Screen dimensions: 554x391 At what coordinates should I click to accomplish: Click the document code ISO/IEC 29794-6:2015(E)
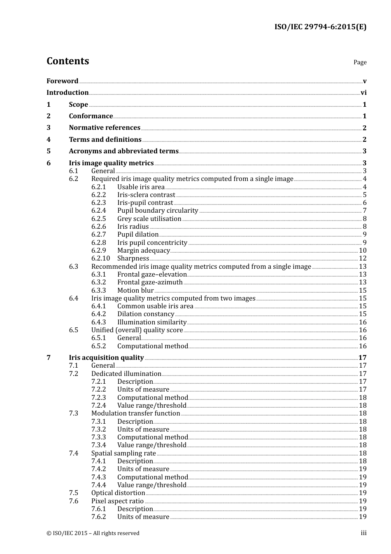(320, 27)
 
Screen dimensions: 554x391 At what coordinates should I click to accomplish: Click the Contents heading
(67, 61)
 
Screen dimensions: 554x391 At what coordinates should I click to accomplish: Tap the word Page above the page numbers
(360, 62)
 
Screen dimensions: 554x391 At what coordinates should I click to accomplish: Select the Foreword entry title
(62, 81)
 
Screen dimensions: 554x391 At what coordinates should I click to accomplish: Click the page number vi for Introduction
(363, 93)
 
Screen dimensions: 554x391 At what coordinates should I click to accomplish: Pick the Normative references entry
(105, 128)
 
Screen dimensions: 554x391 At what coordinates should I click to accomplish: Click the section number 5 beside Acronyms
(49, 151)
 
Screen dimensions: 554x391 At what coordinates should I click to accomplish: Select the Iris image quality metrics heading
(111, 163)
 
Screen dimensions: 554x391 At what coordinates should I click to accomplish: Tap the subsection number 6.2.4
(98, 211)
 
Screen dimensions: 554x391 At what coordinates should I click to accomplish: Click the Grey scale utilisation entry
(149, 219)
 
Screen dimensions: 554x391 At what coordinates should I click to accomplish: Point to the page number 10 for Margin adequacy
(363, 251)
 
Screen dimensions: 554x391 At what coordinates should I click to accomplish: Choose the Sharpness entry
(133, 258)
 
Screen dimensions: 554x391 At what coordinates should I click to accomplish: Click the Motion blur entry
(135, 291)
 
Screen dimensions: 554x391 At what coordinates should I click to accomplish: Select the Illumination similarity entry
(152, 322)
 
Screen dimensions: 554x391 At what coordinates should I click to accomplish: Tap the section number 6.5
(73, 330)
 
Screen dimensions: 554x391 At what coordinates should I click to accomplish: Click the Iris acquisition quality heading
(106, 358)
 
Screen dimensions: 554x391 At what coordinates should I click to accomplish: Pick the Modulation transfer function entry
(135, 413)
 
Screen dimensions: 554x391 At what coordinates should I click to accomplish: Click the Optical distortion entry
(118, 493)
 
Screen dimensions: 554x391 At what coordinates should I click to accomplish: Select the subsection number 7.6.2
(98, 517)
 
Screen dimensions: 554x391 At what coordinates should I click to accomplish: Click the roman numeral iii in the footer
(363, 533)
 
